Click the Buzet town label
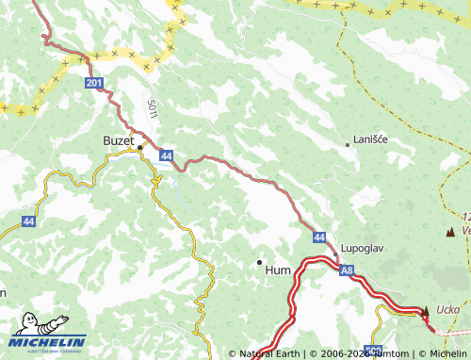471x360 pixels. [x=119, y=140]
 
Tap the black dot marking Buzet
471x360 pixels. [x=140, y=148]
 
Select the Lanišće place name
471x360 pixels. [x=370, y=139]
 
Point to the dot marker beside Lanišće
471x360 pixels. [x=348, y=145]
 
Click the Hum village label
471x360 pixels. [x=279, y=269]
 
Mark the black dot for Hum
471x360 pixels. [x=260, y=262]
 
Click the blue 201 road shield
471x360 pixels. [x=93, y=84]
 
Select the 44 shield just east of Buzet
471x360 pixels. [x=166, y=154]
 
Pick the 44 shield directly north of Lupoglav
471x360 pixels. [x=319, y=237]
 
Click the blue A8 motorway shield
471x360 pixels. [x=348, y=270]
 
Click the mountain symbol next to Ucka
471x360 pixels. [x=425, y=310]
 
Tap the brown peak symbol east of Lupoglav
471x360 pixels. [x=450, y=231]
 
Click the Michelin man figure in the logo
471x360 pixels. [x=25, y=326]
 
